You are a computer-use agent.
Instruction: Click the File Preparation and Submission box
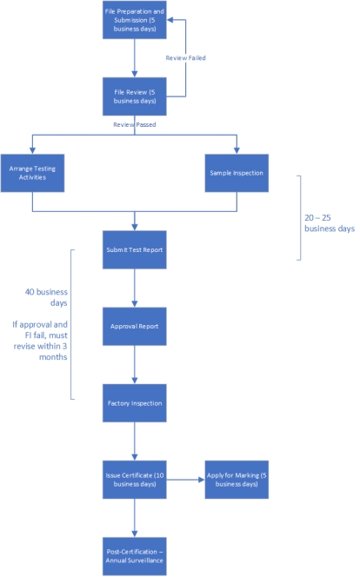(135, 19)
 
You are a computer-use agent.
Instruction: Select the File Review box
(135, 96)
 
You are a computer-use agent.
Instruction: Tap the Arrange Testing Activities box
(32, 173)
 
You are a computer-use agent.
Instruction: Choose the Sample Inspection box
(237, 173)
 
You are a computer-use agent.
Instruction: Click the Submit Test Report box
(135, 250)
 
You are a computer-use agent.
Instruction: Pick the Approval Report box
(135, 327)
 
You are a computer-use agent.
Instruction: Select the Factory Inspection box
(135, 403)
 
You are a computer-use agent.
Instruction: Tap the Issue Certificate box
(135, 480)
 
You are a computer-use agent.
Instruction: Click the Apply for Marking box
(237, 480)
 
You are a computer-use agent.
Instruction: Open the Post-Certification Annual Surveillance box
(135, 556)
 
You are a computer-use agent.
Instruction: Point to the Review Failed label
(185, 58)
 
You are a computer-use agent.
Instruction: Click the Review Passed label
(135, 125)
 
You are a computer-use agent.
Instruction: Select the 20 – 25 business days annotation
(330, 223)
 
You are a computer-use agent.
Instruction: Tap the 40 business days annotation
(46, 297)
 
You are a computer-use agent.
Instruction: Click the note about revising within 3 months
(40, 341)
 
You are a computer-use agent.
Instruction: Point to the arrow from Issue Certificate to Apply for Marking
(185, 480)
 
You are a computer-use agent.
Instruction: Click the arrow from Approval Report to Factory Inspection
(135, 365)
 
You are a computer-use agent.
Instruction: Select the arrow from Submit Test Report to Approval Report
(135, 288)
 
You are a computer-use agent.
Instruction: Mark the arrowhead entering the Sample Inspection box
(237, 151)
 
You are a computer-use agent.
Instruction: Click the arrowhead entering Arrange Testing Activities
(32, 151)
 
